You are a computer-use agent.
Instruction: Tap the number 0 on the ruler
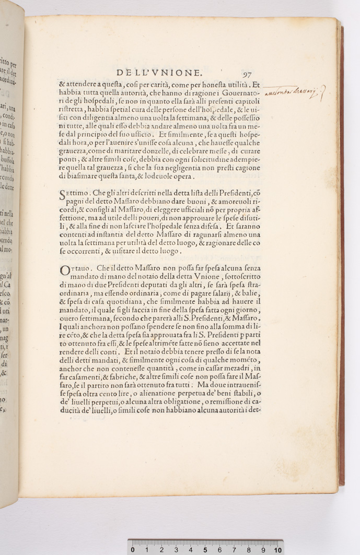pyautogui.click(x=133, y=550)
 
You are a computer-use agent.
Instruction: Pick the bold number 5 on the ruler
pyautogui.click(x=205, y=550)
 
